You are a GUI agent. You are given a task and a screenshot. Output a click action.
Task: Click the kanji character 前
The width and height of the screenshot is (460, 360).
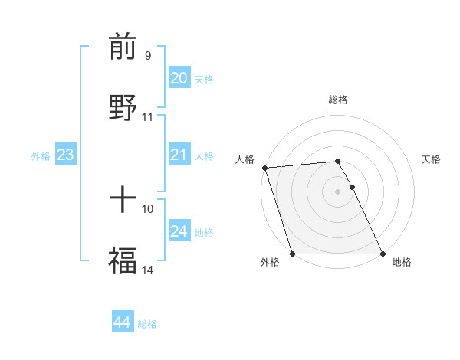pyautogui.click(x=123, y=47)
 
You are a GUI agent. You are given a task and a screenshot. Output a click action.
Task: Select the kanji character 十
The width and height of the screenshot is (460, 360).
pyautogui.click(x=123, y=201)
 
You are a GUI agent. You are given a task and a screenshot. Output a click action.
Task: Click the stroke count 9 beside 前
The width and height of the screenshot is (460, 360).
pyautogui.click(x=147, y=55)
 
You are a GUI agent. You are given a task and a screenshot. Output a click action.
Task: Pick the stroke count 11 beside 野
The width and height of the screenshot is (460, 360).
pyautogui.click(x=148, y=117)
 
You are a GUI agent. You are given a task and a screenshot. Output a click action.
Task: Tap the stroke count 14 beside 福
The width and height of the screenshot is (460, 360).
pyautogui.click(x=148, y=270)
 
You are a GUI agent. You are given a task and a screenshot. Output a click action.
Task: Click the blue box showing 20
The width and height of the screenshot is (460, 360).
pyautogui.click(x=179, y=78)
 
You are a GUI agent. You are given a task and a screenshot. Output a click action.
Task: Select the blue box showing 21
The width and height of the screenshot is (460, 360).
pyautogui.click(x=179, y=155)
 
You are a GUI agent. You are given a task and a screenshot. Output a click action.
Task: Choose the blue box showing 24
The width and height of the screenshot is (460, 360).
pyautogui.click(x=179, y=231)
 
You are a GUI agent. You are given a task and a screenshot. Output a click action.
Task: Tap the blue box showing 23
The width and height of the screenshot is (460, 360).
pyautogui.click(x=66, y=155)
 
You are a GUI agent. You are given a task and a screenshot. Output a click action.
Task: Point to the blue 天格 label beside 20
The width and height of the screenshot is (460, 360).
pyautogui.click(x=204, y=79)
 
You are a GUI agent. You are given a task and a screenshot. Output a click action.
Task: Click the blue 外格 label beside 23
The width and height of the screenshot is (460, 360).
pyautogui.click(x=41, y=155)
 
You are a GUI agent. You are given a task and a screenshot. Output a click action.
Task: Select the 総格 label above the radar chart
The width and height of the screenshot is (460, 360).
pyautogui.click(x=338, y=100)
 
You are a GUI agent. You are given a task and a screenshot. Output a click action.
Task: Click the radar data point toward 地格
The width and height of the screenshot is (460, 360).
pyautogui.click(x=383, y=254)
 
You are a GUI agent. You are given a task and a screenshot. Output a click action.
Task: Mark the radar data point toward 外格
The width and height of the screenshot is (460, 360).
pyautogui.click(x=292, y=254)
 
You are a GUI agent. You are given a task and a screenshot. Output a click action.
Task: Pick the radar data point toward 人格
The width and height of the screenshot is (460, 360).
pyautogui.click(x=264, y=168)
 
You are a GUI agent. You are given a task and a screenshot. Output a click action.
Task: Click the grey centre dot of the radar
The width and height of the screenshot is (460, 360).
pyautogui.click(x=337, y=191)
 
